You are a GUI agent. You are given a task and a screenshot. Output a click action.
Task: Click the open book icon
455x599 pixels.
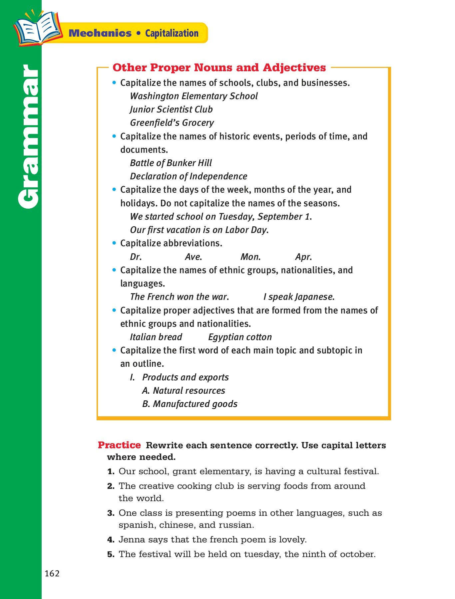pyautogui.click(x=37, y=28)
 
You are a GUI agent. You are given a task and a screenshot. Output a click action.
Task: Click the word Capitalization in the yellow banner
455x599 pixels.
pyautogui.click(x=172, y=33)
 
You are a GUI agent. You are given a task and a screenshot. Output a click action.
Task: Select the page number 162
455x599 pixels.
pyautogui.click(x=52, y=573)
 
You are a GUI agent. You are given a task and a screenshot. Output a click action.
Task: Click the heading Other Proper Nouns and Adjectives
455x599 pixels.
pyautogui.click(x=219, y=68)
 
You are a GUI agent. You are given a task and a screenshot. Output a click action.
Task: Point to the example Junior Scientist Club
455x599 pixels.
pyautogui.click(x=171, y=109)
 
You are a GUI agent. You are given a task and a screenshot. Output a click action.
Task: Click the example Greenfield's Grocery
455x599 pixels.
pyautogui.click(x=172, y=123)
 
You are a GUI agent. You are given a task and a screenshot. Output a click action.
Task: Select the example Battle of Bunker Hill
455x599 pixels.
pyautogui.click(x=171, y=163)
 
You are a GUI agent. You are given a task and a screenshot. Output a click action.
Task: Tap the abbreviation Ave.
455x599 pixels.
pyautogui.click(x=194, y=257)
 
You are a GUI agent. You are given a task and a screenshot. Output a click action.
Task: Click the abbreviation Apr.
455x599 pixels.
pyautogui.click(x=303, y=257)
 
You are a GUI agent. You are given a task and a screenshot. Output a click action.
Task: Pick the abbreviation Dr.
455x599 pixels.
pyautogui.click(x=136, y=257)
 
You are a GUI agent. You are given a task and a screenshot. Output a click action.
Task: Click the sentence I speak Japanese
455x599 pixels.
pyautogui.click(x=299, y=297)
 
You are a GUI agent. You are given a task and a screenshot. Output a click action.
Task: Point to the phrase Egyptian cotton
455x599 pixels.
pyautogui.click(x=240, y=337)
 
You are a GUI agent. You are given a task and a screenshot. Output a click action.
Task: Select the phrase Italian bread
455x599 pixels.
pyautogui.click(x=156, y=337)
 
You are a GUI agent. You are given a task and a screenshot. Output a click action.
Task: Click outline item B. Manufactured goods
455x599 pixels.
pyautogui.click(x=190, y=404)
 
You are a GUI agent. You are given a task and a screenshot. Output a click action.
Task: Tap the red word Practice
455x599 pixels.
pyautogui.click(x=119, y=445)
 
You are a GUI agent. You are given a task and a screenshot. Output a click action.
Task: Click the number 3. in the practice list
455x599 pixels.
pyautogui.click(x=111, y=513)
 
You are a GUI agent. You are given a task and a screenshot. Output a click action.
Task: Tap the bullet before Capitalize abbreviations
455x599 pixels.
pyautogui.click(x=114, y=243)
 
